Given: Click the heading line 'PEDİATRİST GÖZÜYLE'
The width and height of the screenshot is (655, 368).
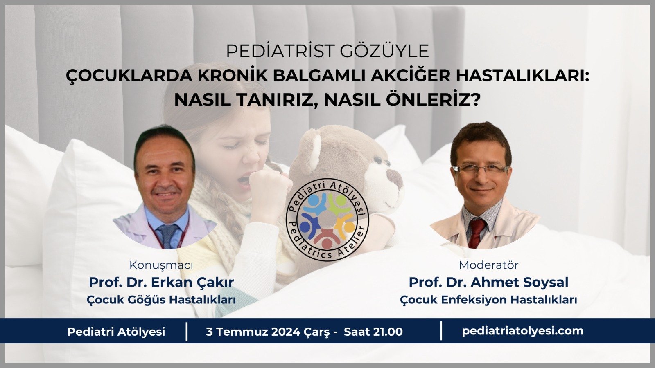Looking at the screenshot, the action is [327, 52].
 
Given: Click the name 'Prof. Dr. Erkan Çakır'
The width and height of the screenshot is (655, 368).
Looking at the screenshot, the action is [161, 283].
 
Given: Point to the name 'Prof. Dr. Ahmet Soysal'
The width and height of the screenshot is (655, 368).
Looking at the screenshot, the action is [488, 283].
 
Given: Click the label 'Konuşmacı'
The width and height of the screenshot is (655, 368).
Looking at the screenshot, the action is [161, 265].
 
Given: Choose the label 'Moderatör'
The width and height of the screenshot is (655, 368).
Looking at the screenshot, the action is [488, 265].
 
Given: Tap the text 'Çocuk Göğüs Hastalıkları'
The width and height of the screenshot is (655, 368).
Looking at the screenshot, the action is [161, 300].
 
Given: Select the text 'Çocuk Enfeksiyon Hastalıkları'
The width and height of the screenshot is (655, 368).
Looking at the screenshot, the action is [488, 300].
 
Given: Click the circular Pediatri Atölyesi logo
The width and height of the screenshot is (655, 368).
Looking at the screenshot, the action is [327, 219].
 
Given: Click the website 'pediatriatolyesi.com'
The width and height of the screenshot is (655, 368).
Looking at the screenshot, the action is [522, 331].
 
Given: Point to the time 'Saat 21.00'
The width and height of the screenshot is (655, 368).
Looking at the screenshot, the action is [373, 332].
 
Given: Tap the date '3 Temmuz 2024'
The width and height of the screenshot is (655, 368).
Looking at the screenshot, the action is [253, 332].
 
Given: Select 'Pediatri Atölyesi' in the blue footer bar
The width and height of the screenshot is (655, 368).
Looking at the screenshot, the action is [116, 332].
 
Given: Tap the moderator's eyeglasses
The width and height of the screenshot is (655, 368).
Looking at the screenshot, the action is [481, 169].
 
